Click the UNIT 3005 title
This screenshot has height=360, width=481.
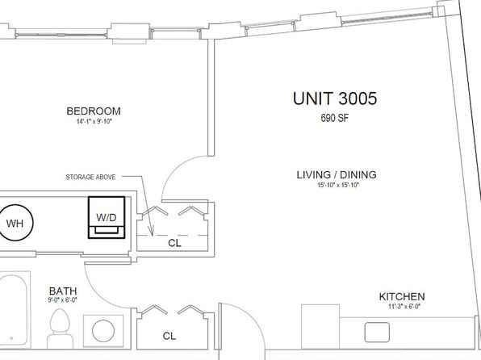(335, 98)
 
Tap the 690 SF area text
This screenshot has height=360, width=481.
(334, 118)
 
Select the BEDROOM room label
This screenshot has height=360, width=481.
(94, 111)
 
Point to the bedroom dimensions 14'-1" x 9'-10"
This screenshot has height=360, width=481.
(94, 122)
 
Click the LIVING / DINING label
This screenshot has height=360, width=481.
(337, 175)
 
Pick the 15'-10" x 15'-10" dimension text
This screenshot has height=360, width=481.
(337, 186)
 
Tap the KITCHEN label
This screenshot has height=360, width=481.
(402, 297)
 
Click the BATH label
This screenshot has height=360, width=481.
(63, 291)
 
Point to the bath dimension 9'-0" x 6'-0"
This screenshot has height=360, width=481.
(62, 299)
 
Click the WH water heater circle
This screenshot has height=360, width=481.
(15, 223)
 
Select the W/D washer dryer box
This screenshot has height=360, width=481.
(107, 217)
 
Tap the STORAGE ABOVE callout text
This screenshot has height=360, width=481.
(90, 177)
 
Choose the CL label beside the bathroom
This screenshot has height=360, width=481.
(169, 336)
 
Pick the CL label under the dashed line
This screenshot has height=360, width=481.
(174, 243)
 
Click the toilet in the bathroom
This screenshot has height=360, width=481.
(60, 329)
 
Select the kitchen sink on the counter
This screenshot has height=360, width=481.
(377, 332)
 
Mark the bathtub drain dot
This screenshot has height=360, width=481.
(11, 338)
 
